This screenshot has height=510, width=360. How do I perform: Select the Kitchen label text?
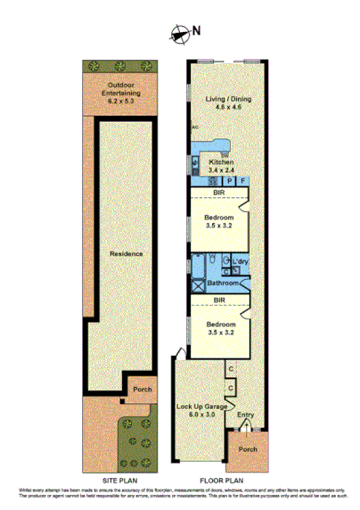(220, 162)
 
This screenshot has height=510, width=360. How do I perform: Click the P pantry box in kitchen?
(230, 182)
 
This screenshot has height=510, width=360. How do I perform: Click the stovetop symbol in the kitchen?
(213, 181)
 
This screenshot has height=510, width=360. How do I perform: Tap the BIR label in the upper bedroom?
(218, 193)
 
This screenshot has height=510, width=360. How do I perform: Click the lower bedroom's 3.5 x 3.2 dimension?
(220, 331)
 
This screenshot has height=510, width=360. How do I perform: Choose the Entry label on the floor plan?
(244, 414)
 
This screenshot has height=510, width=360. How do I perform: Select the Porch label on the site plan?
(141, 389)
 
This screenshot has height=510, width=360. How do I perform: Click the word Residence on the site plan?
(126, 253)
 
